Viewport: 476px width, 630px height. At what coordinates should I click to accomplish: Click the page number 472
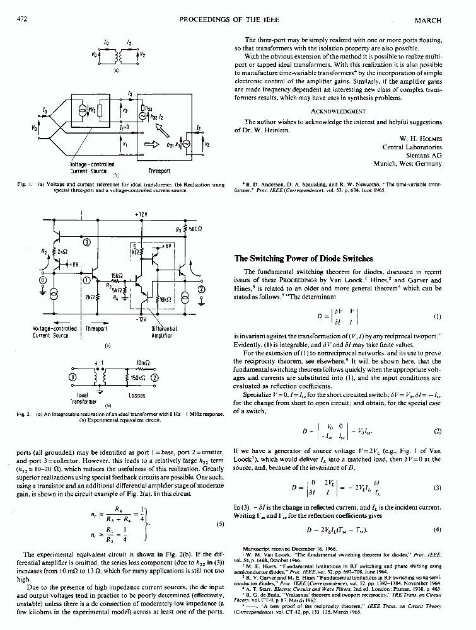23,20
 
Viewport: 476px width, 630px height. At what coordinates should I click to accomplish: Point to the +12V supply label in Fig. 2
141,214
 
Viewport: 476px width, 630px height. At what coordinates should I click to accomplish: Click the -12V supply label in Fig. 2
140,319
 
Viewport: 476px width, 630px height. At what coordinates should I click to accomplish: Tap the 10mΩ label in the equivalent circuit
142,364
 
